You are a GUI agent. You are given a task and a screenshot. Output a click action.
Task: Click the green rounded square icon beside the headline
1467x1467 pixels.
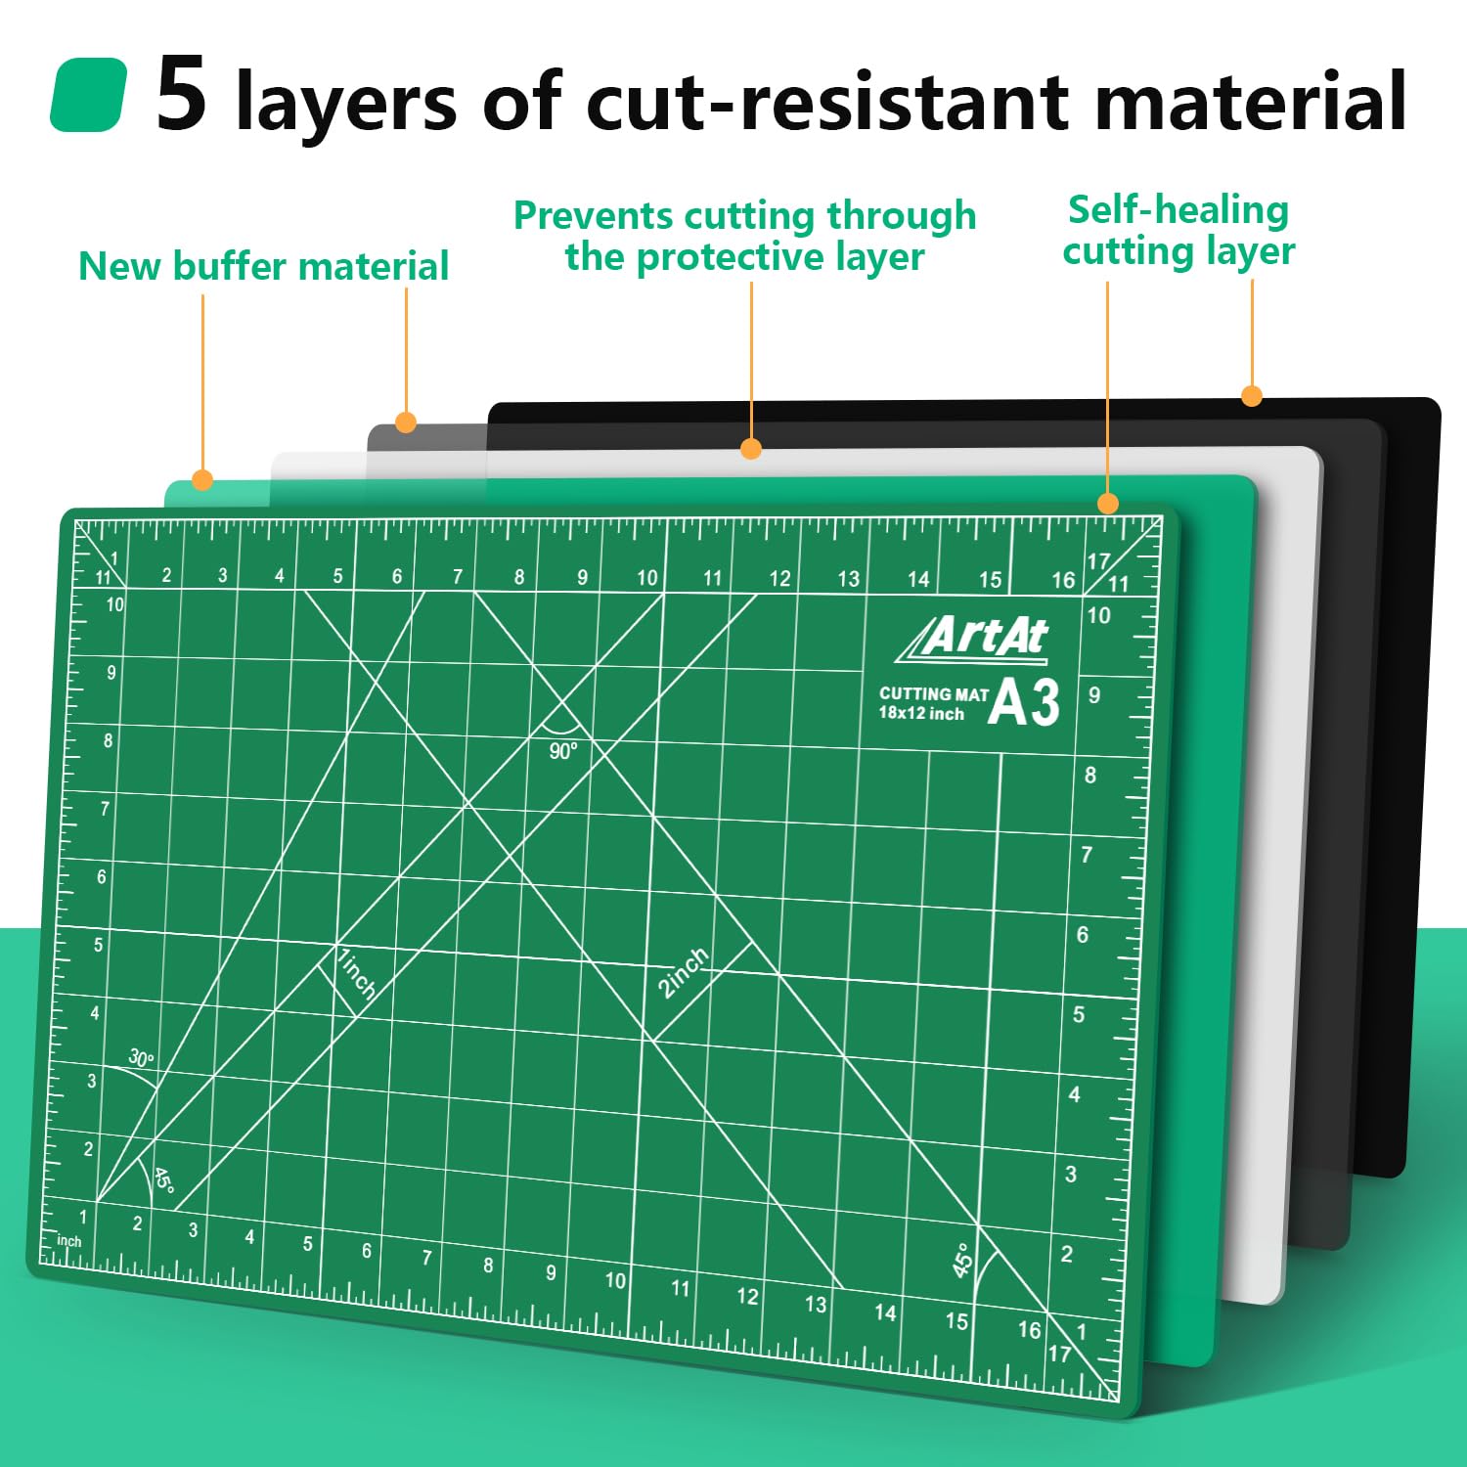[x=88, y=95]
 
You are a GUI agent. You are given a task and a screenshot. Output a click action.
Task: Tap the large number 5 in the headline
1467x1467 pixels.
[x=182, y=93]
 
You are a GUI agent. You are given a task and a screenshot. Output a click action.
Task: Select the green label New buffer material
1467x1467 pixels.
[x=263, y=266]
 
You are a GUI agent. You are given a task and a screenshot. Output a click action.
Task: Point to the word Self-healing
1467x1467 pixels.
[x=1178, y=209]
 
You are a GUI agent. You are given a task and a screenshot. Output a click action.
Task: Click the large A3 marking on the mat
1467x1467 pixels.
[x=1024, y=702]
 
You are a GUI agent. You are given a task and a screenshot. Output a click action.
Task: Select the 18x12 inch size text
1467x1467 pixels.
[x=921, y=713]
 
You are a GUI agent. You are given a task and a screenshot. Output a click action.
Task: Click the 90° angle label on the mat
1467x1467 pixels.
[x=563, y=751]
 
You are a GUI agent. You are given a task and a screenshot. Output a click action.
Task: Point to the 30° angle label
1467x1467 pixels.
[x=142, y=1058]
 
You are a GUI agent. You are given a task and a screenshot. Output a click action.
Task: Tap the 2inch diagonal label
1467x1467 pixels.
[x=683, y=972]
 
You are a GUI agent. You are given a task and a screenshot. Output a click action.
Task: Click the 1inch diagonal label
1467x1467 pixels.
[x=356, y=973]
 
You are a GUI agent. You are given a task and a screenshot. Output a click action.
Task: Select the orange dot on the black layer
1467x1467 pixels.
[x=1252, y=396]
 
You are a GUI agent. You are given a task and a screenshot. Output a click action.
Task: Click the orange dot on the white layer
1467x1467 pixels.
[x=751, y=449]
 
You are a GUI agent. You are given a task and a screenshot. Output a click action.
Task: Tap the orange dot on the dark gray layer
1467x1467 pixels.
[x=406, y=422]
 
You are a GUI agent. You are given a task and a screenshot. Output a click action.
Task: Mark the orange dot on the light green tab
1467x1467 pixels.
[x=202, y=480]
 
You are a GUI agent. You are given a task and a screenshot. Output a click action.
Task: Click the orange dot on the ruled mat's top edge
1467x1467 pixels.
[x=1107, y=504]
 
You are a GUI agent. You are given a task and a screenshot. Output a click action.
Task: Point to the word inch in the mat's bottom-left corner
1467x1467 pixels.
[x=69, y=1241]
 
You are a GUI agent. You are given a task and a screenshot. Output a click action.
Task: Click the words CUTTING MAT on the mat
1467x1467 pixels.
[x=934, y=693]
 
